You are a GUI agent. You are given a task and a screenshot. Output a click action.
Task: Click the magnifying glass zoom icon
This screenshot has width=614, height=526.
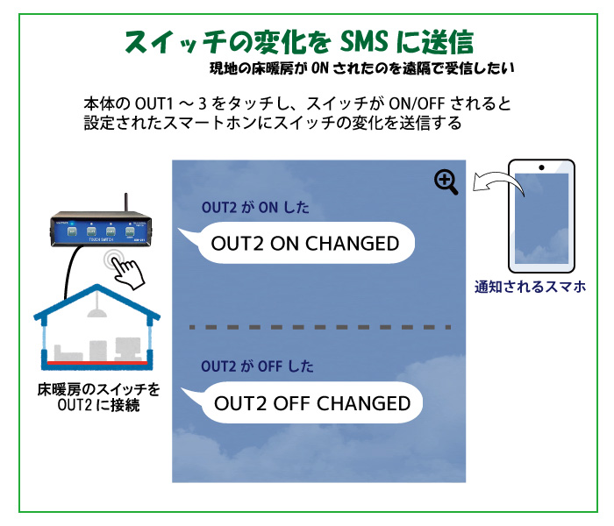coord(446,181)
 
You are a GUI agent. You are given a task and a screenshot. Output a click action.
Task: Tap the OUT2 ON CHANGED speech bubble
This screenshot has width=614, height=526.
coord(303,243)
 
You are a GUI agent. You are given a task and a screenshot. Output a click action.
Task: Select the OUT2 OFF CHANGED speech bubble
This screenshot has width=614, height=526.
coord(311,403)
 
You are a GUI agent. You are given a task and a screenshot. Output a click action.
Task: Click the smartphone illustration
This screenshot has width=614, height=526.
coord(541,216)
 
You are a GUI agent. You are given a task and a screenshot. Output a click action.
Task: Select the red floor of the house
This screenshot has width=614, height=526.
coord(96,360)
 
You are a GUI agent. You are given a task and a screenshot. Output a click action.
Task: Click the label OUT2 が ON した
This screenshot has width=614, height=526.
coord(255,209)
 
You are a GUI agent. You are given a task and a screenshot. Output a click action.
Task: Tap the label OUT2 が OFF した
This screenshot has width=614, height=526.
coord(257,366)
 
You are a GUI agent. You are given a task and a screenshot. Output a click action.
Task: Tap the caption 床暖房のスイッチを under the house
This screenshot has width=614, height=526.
coord(98,388)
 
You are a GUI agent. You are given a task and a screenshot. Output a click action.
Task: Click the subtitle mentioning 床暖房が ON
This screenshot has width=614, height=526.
coord(361,68)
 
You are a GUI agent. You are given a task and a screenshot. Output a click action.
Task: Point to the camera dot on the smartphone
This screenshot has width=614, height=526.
coord(542,167)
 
